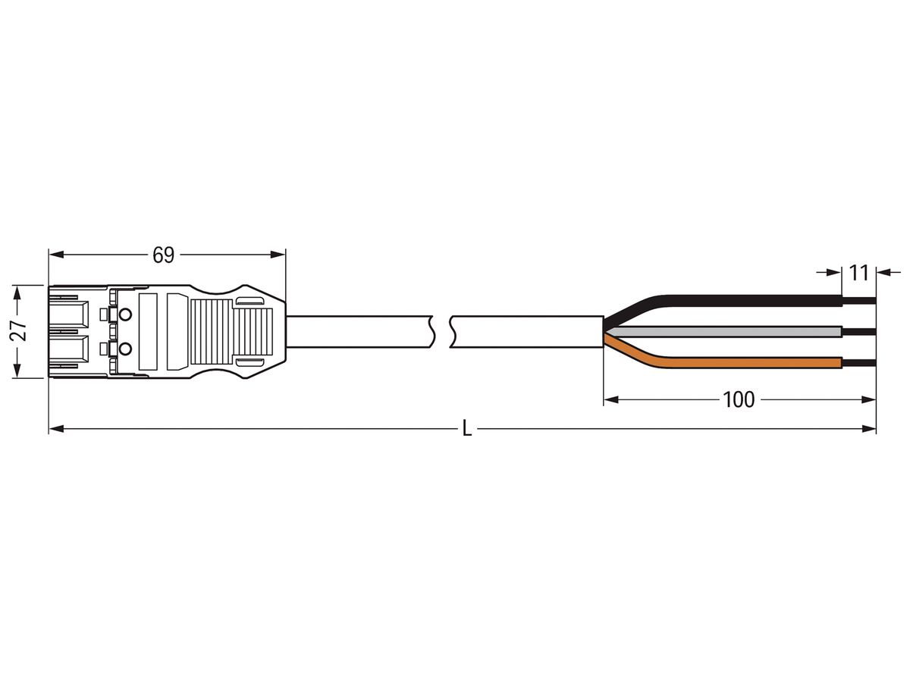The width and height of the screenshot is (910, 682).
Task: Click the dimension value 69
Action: [x=163, y=255]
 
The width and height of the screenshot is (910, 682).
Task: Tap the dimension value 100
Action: [x=739, y=399]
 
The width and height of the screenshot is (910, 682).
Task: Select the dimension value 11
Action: [x=858, y=272]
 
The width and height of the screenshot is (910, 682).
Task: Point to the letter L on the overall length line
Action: [x=467, y=430]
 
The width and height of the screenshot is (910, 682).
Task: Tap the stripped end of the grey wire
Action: [x=858, y=331]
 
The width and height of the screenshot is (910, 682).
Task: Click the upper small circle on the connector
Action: [x=125, y=314]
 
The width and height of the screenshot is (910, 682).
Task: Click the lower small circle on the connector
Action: [x=125, y=349]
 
